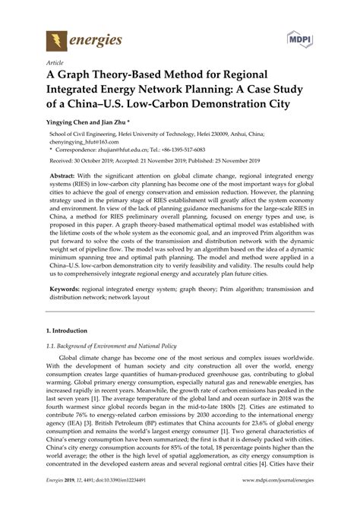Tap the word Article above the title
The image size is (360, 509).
click(x=54, y=64)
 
